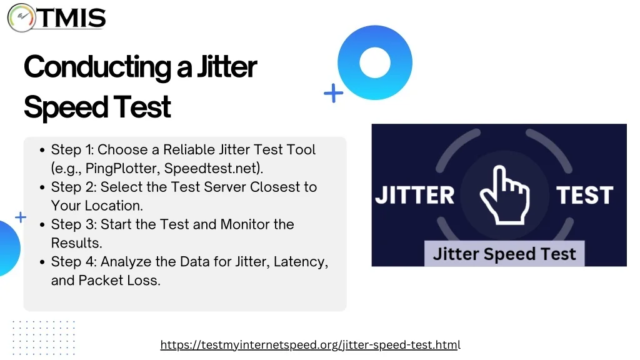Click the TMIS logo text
72,18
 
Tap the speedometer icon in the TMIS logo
22,17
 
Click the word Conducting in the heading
97,66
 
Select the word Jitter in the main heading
227,66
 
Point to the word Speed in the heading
65,107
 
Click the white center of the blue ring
375,62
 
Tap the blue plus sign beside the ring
334,93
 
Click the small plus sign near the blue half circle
21,217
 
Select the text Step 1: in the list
72,150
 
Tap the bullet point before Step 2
42,187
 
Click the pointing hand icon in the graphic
505,195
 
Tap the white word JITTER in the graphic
415,195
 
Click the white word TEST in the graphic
584,195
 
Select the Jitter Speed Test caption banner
504,254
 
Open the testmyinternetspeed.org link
310,345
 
